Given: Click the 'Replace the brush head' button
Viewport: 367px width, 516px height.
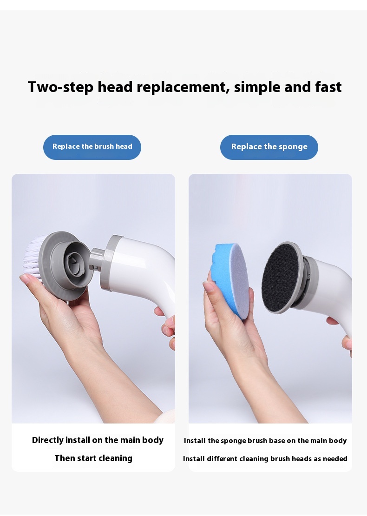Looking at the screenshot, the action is click(92, 147).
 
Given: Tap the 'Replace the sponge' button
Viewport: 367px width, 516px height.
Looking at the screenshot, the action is click(269, 147).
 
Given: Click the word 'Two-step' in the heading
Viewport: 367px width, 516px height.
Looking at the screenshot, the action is click(60, 87).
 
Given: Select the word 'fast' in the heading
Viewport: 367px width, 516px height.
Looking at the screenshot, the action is click(328, 87).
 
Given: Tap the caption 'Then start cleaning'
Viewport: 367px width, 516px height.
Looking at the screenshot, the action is click(93, 458).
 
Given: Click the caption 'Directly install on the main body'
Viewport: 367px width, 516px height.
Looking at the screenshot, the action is click(98, 440).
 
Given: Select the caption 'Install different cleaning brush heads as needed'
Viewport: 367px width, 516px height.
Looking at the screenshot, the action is click(265, 458).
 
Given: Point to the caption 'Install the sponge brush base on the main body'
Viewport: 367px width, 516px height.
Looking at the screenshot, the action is click(265, 441).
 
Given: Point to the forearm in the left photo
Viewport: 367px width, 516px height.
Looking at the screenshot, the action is click(109, 372).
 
